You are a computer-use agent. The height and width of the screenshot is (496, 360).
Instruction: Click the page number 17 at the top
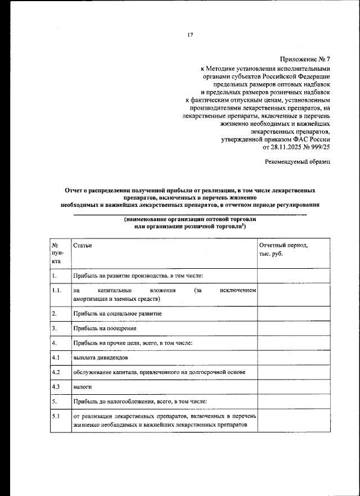(190, 35)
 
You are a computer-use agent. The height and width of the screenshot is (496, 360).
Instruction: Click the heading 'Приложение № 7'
(304, 59)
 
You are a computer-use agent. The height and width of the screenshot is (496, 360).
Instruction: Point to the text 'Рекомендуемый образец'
(298, 162)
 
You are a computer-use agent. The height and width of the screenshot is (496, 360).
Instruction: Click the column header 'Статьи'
(82, 246)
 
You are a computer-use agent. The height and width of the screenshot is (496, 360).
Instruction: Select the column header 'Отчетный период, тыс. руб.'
(283, 250)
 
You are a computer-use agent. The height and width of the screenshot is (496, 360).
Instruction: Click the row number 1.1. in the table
(56, 290)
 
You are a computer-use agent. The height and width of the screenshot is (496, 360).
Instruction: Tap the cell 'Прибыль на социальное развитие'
(117, 313)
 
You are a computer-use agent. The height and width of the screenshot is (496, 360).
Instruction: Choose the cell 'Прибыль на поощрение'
(105, 328)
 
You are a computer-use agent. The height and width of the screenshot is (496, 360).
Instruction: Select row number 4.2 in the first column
(56, 372)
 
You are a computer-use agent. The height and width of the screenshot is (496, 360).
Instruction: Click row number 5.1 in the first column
(56, 416)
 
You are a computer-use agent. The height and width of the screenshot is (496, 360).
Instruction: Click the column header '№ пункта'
(57, 253)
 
